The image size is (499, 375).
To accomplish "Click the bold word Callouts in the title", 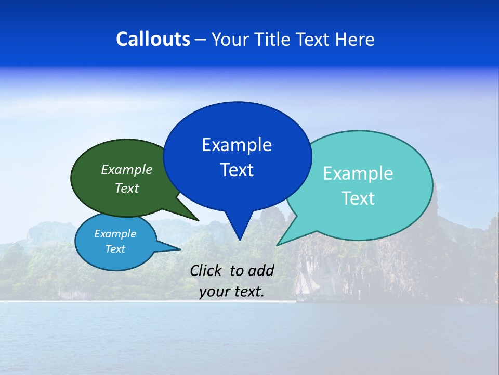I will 153,39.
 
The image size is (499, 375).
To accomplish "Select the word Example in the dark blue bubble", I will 237,145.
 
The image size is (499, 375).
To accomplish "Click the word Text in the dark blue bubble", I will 237,170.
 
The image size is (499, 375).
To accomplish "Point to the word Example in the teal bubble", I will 358,173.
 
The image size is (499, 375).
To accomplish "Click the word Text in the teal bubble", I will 358,198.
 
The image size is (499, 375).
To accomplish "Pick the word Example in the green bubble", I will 127,170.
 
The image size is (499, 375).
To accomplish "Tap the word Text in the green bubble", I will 127,189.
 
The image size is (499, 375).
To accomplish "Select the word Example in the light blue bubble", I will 115,234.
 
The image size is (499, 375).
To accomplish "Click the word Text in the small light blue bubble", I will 115,249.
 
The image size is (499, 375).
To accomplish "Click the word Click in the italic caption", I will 205,270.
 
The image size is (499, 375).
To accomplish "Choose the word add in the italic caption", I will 260,270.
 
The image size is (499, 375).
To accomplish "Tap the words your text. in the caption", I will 232,292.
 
